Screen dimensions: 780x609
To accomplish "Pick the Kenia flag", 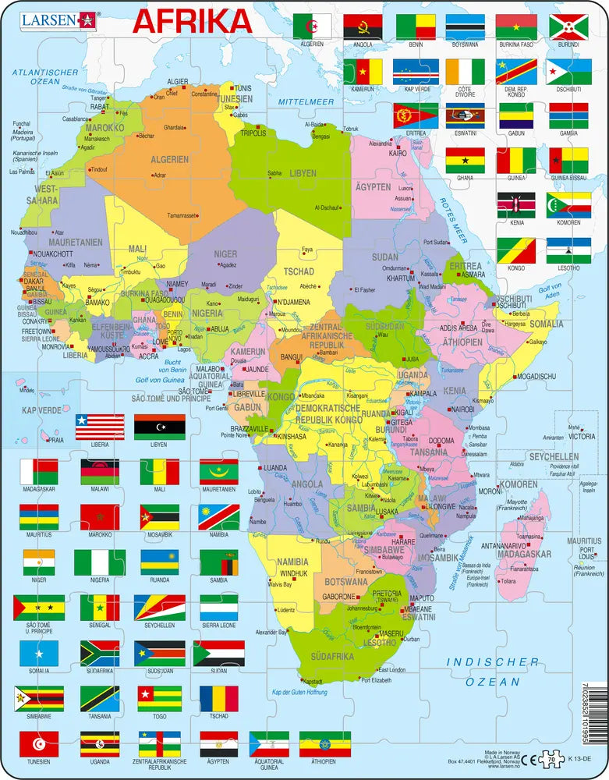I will click(516, 205).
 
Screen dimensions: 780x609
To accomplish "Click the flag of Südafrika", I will click(100, 654).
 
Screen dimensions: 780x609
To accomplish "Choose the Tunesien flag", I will click(38, 743).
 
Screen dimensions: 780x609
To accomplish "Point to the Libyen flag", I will click(160, 427).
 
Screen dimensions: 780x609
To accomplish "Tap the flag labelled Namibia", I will click(219, 516).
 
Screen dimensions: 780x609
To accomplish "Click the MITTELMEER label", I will click(306, 101).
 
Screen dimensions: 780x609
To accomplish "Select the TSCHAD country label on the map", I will click(299, 271).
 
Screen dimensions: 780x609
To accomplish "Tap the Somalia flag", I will click(38, 654).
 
